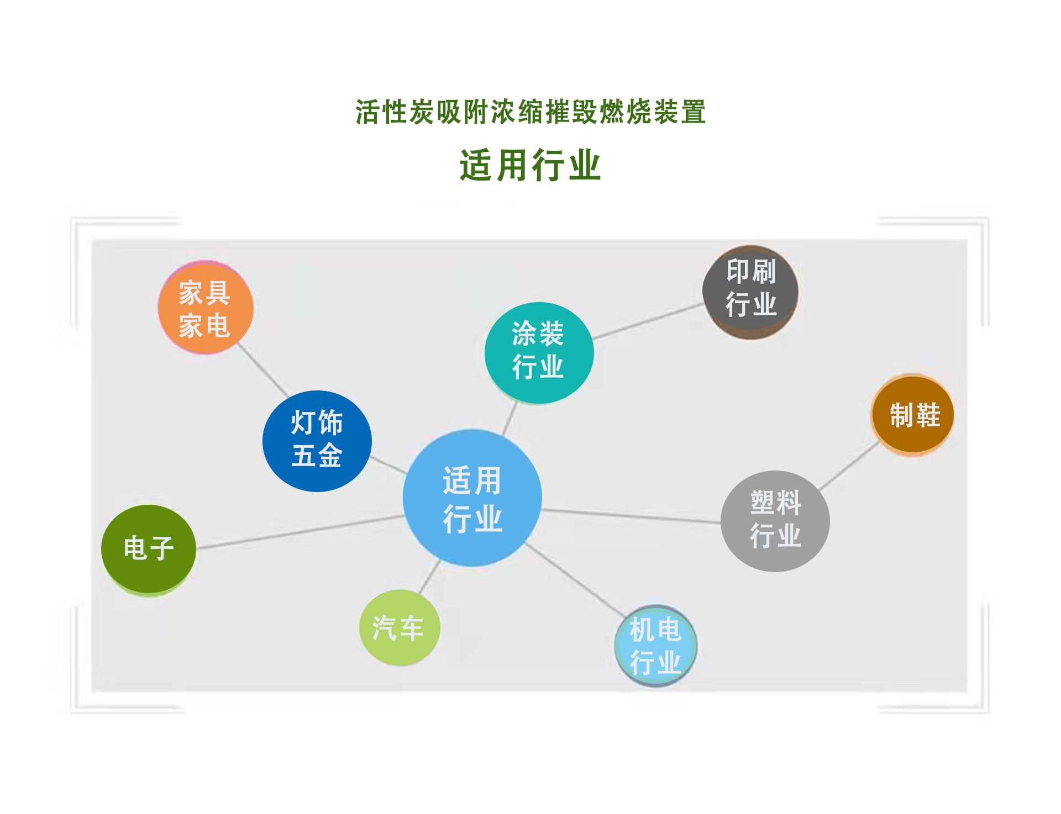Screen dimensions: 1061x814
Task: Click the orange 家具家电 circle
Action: point(206,308)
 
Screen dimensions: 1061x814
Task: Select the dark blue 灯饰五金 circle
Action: point(317,441)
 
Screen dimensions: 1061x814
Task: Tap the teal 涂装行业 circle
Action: point(539,353)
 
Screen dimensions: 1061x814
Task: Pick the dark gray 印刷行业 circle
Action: point(750,292)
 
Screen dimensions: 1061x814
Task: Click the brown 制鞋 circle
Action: point(913,415)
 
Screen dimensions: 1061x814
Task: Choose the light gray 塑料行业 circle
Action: point(775,521)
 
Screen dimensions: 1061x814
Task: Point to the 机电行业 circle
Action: point(655,645)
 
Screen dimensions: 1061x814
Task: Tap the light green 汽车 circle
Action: point(400,627)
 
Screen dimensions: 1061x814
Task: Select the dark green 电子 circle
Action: point(149,550)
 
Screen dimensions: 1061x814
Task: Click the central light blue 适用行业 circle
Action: point(472,498)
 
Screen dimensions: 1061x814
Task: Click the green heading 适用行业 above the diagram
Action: point(530,165)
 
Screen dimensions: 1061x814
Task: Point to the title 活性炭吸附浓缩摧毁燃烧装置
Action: point(530,112)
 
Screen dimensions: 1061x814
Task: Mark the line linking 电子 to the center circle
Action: point(300,532)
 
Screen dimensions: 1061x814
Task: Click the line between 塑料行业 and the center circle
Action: point(632,516)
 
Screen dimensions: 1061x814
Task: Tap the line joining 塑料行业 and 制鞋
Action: point(849,466)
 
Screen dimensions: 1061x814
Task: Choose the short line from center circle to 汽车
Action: point(430,577)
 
